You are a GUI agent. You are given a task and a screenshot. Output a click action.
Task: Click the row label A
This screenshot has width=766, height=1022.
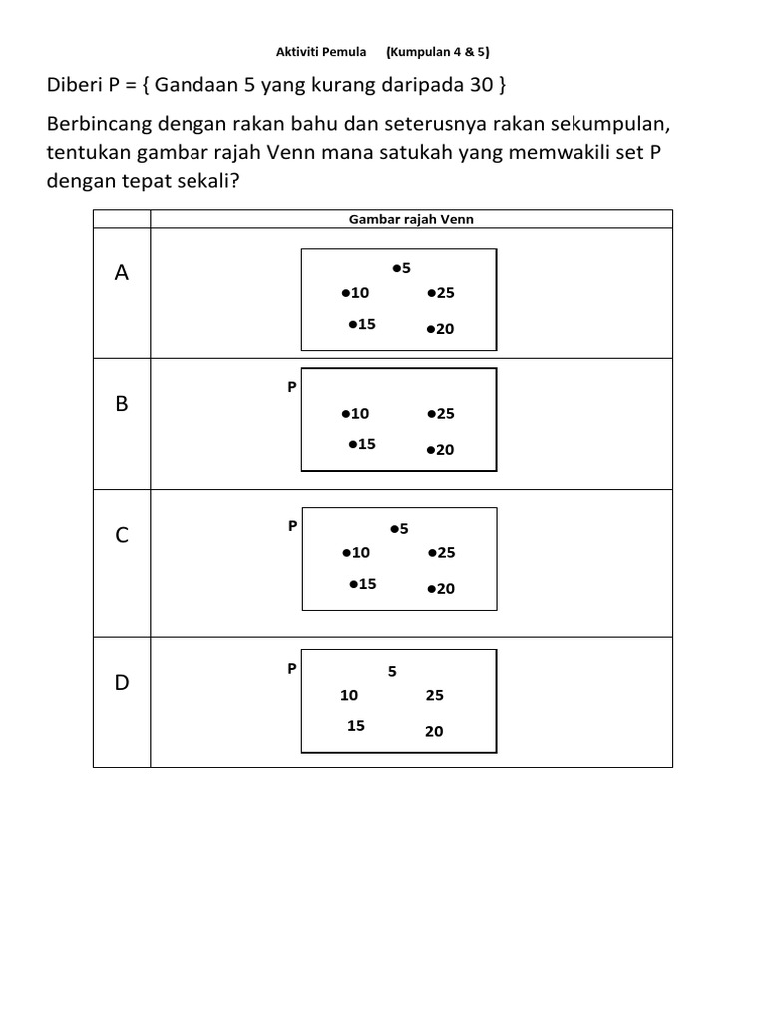point(122,273)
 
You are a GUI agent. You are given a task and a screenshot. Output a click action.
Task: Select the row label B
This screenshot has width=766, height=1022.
point(122,404)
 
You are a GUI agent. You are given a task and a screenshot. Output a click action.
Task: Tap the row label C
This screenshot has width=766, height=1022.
point(122,536)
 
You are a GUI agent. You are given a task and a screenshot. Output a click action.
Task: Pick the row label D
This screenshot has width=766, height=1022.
point(122,683)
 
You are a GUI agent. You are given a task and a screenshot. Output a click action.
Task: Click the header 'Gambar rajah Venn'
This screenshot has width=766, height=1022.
point(411,219)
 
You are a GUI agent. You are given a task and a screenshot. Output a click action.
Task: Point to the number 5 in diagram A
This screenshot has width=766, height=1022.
point(407,268)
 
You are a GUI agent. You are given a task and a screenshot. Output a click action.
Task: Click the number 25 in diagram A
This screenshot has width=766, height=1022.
point(445,293)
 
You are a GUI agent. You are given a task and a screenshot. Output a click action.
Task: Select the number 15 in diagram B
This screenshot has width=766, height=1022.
point(366,444)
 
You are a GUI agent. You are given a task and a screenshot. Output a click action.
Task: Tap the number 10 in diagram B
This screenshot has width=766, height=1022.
point(360,413)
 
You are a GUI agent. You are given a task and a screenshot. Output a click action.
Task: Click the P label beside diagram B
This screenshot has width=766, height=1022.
point(292,386)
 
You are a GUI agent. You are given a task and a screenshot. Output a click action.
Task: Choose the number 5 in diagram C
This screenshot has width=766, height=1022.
point(405,529)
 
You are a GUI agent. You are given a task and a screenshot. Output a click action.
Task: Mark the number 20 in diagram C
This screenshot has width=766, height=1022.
point(445,589)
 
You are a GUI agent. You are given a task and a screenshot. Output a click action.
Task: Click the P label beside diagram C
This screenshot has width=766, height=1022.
point(292,525)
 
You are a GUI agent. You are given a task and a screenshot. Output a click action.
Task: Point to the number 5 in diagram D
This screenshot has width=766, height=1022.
point(393,672)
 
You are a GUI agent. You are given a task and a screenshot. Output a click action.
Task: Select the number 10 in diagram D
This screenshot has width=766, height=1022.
point(349,695)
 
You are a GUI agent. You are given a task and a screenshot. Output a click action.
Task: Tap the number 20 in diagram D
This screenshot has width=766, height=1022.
point(434,731)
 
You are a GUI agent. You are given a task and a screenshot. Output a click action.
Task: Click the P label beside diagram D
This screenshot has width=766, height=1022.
point(292,668)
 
